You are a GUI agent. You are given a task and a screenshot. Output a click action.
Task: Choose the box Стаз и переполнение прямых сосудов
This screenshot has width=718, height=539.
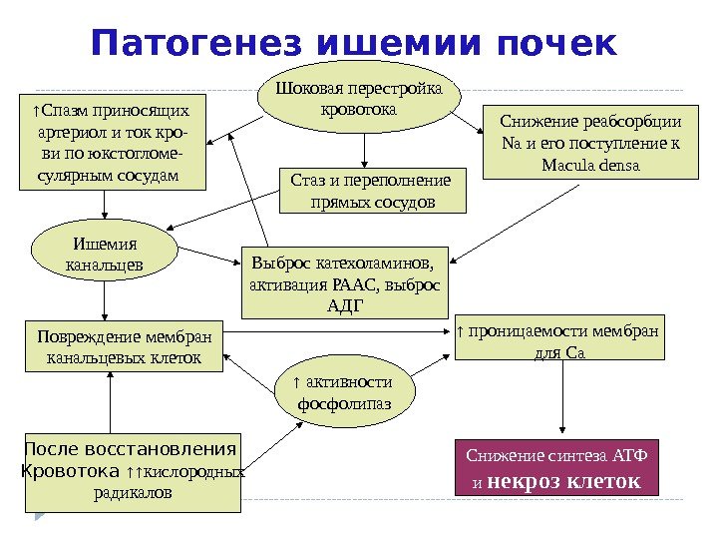pyautogui.click(x=371, y=191)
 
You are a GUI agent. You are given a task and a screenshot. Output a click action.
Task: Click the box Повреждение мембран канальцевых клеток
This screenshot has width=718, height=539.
pyautogui.click(x=124, y=345)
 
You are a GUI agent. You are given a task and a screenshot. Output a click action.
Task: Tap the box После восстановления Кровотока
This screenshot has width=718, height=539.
pyautogui.click(x=131, y=471)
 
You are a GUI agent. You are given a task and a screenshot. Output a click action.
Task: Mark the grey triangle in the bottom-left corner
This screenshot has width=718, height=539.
pyautogui.click(x=39, y=515)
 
